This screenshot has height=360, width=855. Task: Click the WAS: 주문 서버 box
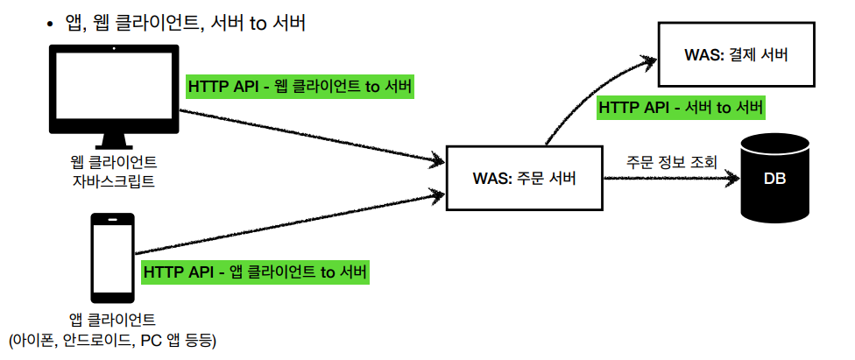tap(525, 179)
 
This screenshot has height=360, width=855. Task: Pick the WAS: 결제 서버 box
tap(737, 55)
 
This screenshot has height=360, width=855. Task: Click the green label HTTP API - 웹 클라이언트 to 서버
tap(300, 87)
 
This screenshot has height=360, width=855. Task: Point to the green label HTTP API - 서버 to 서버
tap(682, 108)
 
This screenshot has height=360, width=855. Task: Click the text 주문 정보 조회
tap(672, 162)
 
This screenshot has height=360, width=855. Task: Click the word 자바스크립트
tap(113, 182)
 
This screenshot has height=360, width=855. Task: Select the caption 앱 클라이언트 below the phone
tap(112, 318)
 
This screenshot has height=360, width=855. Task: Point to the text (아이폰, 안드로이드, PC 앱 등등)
tap(111, 339)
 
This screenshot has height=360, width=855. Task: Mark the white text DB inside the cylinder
tap(775, 180)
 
